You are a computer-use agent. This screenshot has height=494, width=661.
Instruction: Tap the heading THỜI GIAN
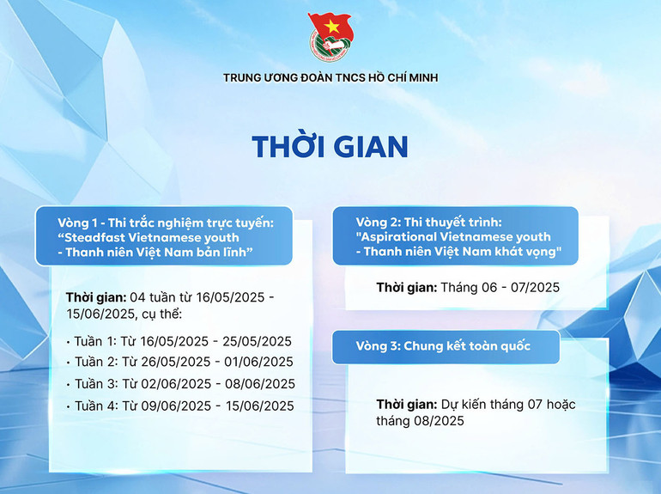(x=330, y=147)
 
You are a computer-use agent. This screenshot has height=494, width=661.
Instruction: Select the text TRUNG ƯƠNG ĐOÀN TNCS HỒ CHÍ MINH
(x=330, y=78)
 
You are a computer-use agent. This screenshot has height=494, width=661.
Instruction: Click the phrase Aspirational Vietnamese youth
(x=453, y=236)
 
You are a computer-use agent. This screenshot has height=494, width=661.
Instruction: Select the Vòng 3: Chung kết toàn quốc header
(x=443, y=346)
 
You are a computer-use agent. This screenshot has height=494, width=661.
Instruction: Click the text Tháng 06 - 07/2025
(x=500, y=287)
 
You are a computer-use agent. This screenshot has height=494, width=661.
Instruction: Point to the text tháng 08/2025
(x=420, y=421)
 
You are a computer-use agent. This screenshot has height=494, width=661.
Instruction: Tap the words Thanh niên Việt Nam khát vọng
(x=462, y=252)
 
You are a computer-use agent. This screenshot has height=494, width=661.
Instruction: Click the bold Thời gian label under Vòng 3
(x=406, y=405)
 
